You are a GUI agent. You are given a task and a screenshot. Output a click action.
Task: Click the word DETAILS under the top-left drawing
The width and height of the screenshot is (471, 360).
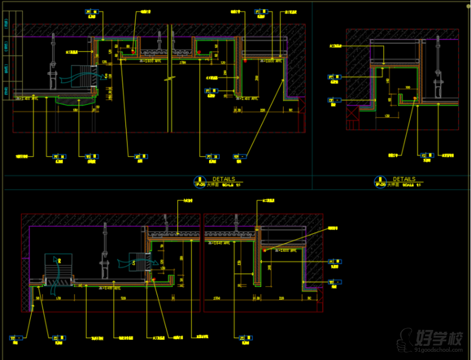(224, 179)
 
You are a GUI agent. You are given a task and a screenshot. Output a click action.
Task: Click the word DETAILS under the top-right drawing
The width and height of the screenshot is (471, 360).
(404, 179)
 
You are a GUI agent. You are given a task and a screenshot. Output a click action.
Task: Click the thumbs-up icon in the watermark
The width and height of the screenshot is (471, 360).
(405, 339)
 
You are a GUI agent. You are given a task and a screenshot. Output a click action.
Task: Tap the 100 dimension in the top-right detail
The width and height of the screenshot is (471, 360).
(407, 88)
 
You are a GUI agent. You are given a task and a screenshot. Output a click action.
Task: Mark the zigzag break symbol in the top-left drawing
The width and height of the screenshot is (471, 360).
(170, 77)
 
